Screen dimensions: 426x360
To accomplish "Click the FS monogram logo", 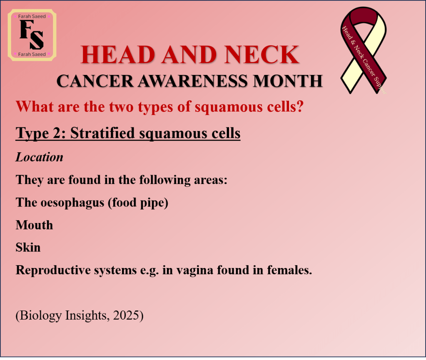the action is click(32, 35).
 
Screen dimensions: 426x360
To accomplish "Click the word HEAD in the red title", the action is click(117, 55).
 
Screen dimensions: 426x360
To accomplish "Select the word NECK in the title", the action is click(262, 55).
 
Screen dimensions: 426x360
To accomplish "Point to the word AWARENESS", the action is click(193, 81).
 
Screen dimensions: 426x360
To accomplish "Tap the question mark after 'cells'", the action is click(300, 106).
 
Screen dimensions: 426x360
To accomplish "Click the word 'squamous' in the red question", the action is click(229, 107).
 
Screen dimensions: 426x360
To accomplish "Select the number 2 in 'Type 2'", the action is click(58, 133).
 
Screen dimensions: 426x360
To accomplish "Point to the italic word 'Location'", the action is click(40, 157).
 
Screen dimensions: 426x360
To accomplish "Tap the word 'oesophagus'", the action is click(72, 203).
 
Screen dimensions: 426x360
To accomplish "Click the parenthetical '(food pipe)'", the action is click(138, 203).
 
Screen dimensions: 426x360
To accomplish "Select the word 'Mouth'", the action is click(34, 225).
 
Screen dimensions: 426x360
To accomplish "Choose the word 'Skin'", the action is click(28, 247).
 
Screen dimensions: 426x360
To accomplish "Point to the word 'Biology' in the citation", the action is click(41, 316).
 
